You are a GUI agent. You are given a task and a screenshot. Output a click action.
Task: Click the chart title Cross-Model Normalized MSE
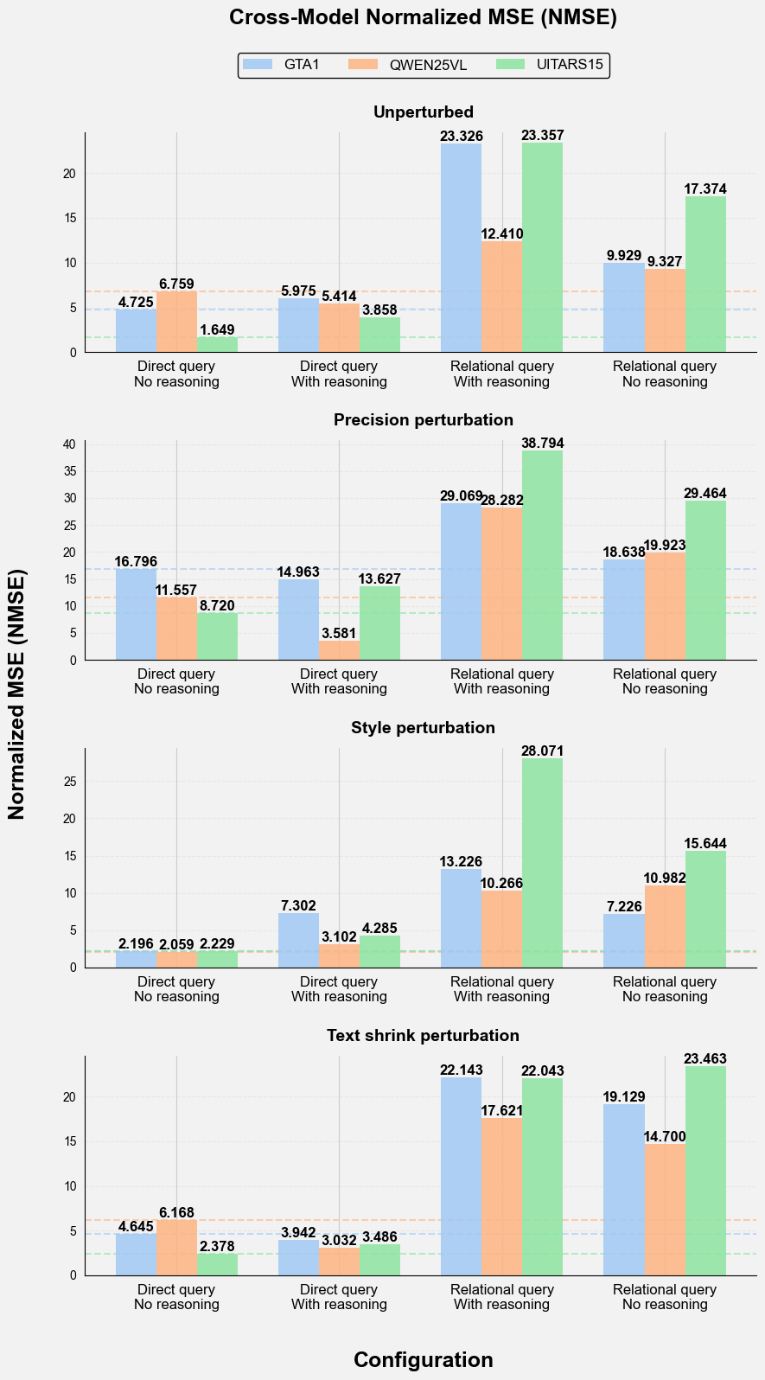pyautogui.click(x=424, y=18)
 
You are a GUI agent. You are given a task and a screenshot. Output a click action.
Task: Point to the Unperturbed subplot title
pyautogui.click(x=424, y=112)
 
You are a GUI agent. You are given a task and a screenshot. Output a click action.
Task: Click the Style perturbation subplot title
pyautogui.click(x=424, y=727)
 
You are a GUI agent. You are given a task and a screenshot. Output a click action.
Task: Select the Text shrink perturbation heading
pyautogui.click(x=424, y=1035)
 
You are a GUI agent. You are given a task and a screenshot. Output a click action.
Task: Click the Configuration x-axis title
pyautogui.click(x=424, y=1359)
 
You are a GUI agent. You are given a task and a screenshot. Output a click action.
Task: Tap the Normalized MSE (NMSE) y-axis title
pyautogui.click(x=17, y=694)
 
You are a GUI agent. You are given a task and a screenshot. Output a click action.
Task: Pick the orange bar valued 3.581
pyautogui.click(x=340, y=650)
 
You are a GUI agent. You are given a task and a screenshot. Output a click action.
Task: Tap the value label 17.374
pyautogui.click(x=705, y=188)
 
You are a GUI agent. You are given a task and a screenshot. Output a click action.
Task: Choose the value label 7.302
pyautogui.click(x=299, y=905)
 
